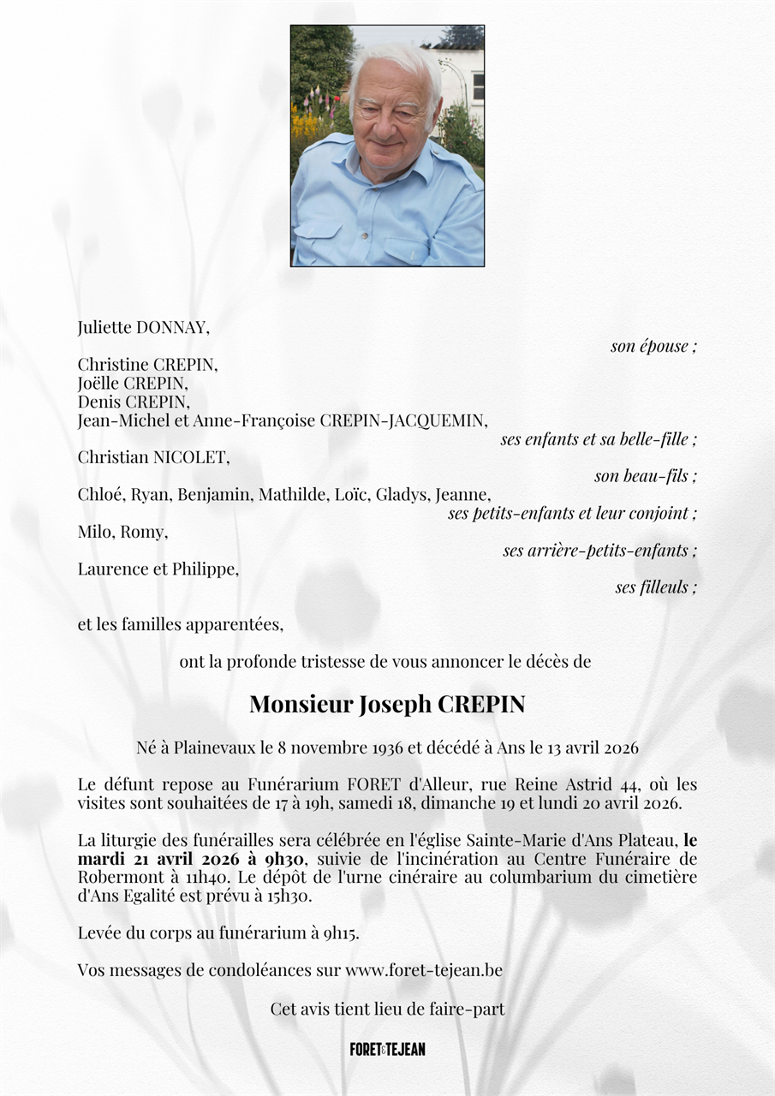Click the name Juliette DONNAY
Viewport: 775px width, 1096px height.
(143, 327)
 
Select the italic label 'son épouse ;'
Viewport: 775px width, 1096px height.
(653, 346)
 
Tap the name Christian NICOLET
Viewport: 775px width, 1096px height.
(153, 457)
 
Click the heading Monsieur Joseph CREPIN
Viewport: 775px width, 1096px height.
(387, 705)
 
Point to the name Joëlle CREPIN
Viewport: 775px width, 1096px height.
(133, 383)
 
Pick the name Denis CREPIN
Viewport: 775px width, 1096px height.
(134, 402)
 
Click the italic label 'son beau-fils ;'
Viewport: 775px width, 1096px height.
(646, 476)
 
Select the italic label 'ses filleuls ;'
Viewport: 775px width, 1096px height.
(656, 587)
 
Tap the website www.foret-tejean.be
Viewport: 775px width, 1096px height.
(424, 970)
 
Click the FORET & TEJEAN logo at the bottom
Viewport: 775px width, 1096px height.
(387, 1049)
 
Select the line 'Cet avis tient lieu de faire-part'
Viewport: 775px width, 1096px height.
(387, 1009)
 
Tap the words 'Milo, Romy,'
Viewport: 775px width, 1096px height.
(122, 532)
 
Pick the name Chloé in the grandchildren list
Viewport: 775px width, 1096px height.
(100, 494)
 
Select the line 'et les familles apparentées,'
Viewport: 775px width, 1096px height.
(180, 624)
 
